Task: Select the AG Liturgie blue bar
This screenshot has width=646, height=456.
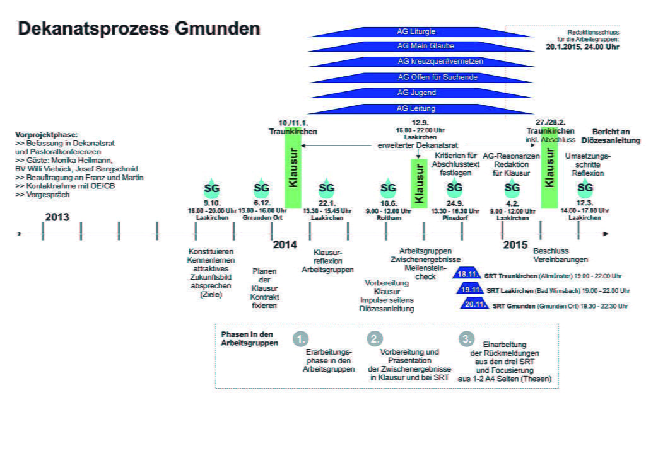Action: tap(416, 31)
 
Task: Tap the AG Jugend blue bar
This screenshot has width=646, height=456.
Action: tap(416, 93)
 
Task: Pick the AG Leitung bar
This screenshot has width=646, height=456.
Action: tap(416, 108)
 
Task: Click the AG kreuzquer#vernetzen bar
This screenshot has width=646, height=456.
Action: tap(416, 62)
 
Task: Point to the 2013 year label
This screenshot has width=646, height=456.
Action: tap(57, 218)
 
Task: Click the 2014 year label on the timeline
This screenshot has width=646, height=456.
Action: tap(285, 244)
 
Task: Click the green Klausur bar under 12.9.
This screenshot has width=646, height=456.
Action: tap(418, 181)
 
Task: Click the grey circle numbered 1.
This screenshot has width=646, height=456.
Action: tap(300, 338)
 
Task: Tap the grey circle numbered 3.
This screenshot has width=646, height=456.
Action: tap(467, 338)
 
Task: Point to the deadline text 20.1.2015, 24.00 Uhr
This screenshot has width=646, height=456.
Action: tap(582, 46)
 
